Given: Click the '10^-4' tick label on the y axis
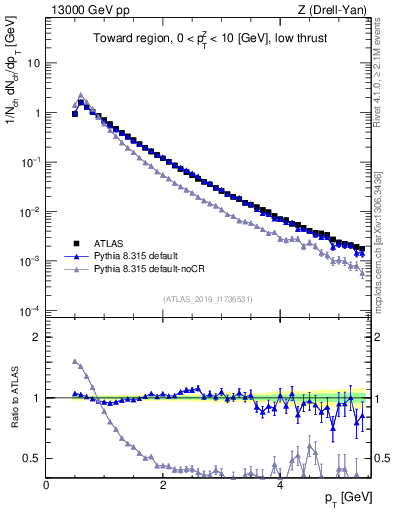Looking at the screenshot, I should point(29,311).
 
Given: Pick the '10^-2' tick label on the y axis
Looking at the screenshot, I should point(29,211).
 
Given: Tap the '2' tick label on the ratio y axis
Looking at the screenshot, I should point(36,337).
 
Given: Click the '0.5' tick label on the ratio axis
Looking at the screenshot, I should point(32,458).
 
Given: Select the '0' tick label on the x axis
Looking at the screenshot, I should point(46,485).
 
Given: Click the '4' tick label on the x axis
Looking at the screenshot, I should point(280,485).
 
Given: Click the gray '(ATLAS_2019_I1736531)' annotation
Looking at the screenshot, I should point(207,300).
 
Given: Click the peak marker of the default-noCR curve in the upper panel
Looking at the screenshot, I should point(81,96).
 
